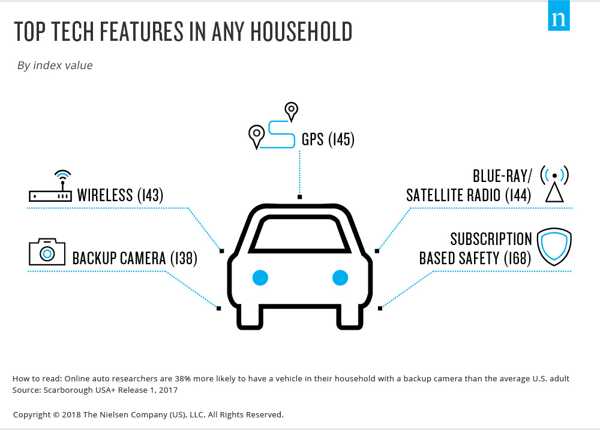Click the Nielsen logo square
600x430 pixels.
pyautogui.click(x=559, y=16)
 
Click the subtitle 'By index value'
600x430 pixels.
pyautogui.click(x=55, y=65)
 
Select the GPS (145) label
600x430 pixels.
pyautogui.click(x=328, y=139)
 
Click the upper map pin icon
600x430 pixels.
pyautogui.click(x=291, y=112)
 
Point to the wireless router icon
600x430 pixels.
pyautogui.click(x=50, y=187)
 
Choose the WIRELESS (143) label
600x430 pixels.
pyautogui.click(x=120, y=195)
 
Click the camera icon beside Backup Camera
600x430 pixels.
pyautogui.click(x=47, y=252)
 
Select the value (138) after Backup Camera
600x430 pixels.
pyautogui.click(x=184, y=258)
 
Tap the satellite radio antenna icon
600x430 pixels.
pyautogui.click(x=554, y=184)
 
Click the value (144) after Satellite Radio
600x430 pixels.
pyautogui.click(x=518, y=195)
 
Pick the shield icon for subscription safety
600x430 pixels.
pyautogui.click(x=554, y=247)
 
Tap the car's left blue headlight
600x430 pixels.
pyautogui.click(x=260, y=277)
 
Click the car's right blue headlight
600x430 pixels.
pyautogui.click(x=340, y=277)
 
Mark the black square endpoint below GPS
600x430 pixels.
pyautogui.click(x=299, y=197)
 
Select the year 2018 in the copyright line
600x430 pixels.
pyautogui.click(x=71, y=414)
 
